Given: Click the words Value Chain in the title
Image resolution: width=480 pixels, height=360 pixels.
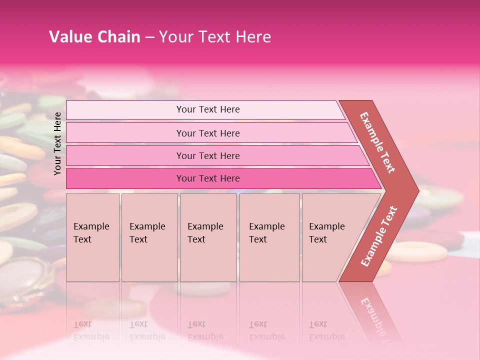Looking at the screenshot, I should [94, 37].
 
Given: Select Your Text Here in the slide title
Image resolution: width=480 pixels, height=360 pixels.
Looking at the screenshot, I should [215, 37].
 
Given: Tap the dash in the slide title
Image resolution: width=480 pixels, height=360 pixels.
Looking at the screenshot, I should [149, 37].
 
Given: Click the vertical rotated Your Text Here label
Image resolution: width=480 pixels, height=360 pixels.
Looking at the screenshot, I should [57, 143].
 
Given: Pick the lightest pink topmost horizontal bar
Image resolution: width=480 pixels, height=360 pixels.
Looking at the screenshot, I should [207, 109].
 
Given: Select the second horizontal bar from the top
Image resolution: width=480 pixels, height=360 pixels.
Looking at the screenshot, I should [208, 133].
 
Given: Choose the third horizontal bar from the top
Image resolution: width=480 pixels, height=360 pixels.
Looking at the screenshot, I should [208, 155].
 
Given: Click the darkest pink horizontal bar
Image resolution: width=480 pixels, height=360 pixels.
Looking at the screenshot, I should [208, 178].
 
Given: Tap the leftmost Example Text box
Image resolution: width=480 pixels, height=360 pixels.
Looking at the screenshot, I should [92, 237].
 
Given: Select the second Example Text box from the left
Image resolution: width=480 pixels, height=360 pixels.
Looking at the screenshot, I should [149, 237].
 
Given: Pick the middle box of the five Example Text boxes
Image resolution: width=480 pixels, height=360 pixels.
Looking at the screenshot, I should [208, 237].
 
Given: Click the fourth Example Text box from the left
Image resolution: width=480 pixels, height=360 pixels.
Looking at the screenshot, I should [269, 237].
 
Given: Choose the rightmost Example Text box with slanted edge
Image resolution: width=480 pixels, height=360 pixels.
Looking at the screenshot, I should [330, 237].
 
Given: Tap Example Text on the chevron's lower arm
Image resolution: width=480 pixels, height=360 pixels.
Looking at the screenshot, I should [379, 236].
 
